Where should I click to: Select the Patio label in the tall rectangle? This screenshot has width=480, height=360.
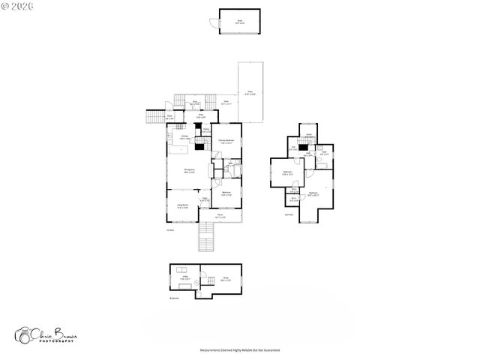click(x=250, y=93)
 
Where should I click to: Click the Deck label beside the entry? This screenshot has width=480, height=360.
click(x=226, y=103)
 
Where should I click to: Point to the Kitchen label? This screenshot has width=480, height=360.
click(x=184, y=138)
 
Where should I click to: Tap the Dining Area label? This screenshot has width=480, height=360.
click(x=190, y=171)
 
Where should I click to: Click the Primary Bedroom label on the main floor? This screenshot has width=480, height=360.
click(x=226, y=142)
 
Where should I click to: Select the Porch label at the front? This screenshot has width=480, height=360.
click(x=220, y=216)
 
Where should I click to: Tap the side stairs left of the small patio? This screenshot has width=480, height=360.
click(x=154, y=117)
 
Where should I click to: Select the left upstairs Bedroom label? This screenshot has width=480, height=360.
click(x=287, y=172)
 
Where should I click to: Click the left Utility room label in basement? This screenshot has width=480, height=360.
click(x=184, y=277)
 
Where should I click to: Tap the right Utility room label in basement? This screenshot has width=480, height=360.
click(x=224, y=279)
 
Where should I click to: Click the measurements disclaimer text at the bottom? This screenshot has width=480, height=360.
click(x=239, y=349)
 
